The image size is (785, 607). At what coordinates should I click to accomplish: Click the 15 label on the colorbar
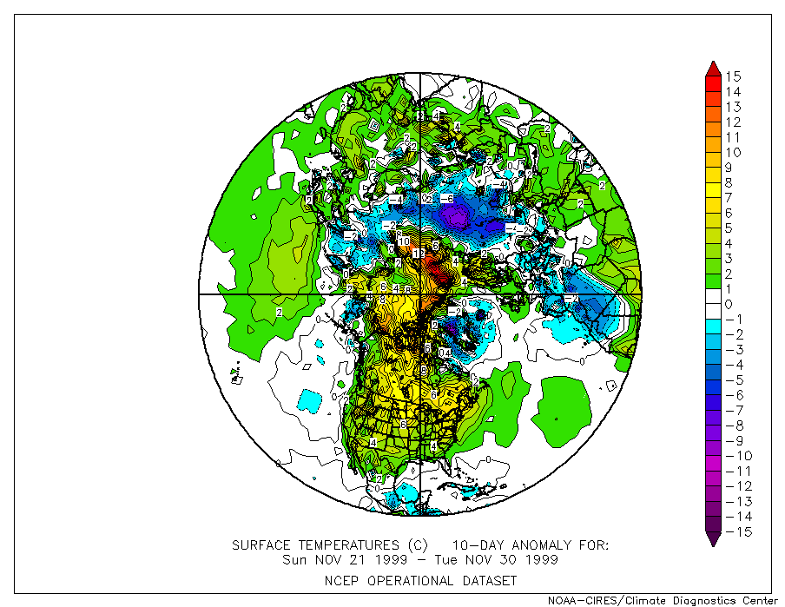[733, 76]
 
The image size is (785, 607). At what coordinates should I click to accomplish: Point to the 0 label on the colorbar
[729, 304]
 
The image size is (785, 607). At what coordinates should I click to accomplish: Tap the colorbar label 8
[729, 182]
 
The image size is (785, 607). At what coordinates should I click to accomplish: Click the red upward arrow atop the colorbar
[712, 69]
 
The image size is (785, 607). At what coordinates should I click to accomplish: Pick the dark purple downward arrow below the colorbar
[712, 539]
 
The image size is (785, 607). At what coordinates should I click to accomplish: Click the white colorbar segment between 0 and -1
[712, 312]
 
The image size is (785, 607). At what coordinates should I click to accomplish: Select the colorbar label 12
[733, 122]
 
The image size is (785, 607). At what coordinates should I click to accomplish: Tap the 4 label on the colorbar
[729, 243]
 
